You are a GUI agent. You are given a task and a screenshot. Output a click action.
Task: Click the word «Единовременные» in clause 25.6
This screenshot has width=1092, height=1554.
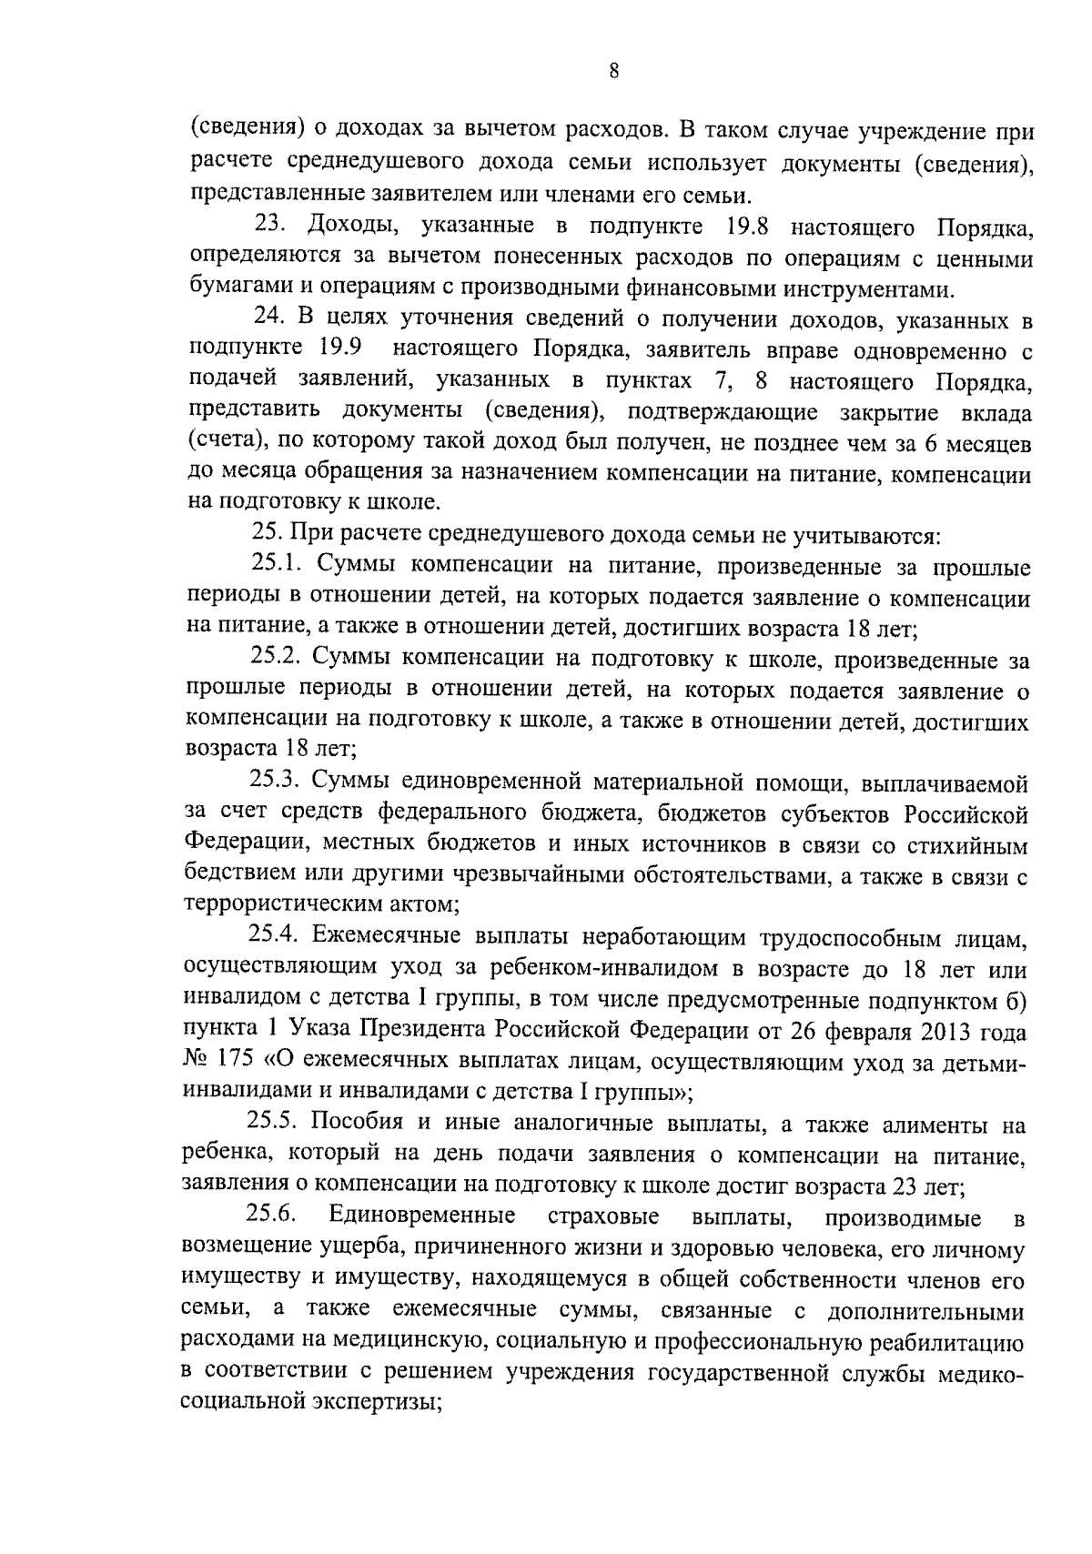tap(423, 1216)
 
